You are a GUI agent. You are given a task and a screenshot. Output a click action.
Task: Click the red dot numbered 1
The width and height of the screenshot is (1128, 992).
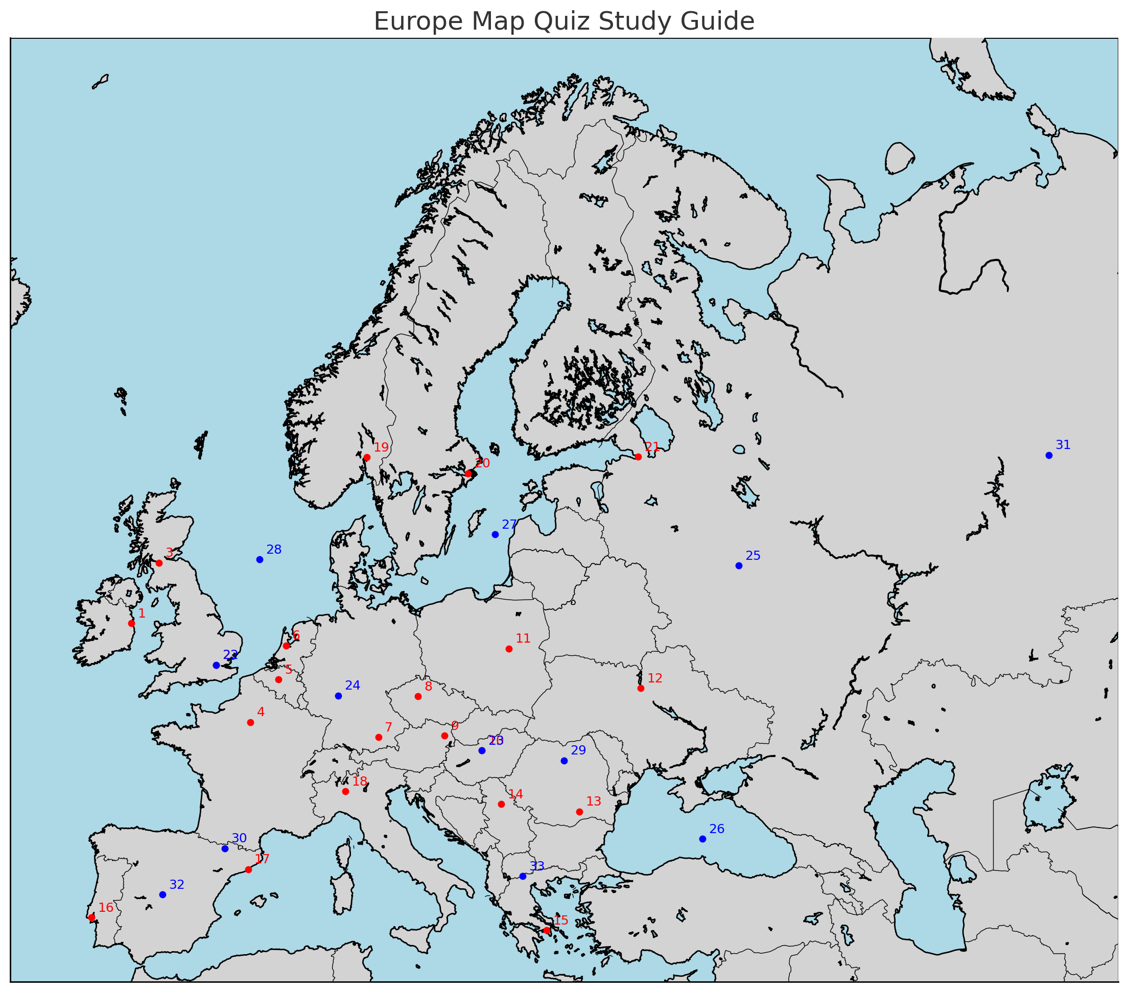coord(131,624)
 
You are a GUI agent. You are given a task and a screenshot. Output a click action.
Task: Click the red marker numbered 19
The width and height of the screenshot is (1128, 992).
coord(367,457)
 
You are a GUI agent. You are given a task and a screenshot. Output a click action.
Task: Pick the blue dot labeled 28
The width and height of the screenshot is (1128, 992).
coord(260,559)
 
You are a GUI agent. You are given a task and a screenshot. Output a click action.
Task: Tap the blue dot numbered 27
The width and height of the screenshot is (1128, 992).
coord(495,535)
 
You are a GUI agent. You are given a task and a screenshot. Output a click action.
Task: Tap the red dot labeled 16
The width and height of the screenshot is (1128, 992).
coord(91,917)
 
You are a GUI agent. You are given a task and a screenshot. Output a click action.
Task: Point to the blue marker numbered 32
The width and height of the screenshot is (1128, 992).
coord(162,894)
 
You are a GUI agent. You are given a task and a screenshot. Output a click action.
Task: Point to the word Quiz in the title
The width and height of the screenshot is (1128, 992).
coord(562,21)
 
